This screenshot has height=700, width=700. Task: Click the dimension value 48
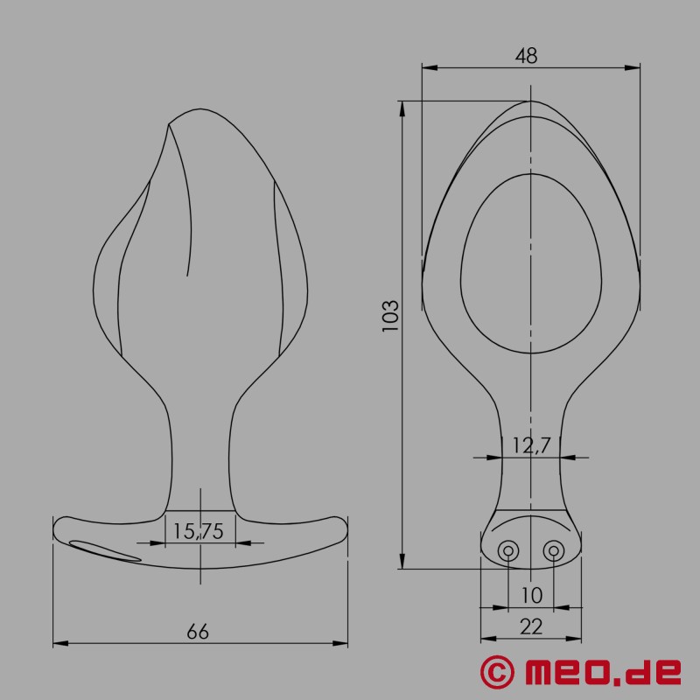(x=526, y=55)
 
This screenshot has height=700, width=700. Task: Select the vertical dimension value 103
(x=391, y=315)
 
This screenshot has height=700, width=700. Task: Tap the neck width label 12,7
(x=531, y=445)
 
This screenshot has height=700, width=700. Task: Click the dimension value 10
(x=531, y=595)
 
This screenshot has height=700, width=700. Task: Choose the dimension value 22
(x=531, y=626)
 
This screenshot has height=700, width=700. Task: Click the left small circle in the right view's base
(x=508, y=550)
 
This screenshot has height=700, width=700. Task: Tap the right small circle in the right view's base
(x=553, y=550)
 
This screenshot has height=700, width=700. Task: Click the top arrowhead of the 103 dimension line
(x=402, y=107)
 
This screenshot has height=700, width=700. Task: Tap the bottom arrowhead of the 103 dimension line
(x=402, y=564)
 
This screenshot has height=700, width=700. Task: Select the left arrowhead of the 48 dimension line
(x=426, y=66)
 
